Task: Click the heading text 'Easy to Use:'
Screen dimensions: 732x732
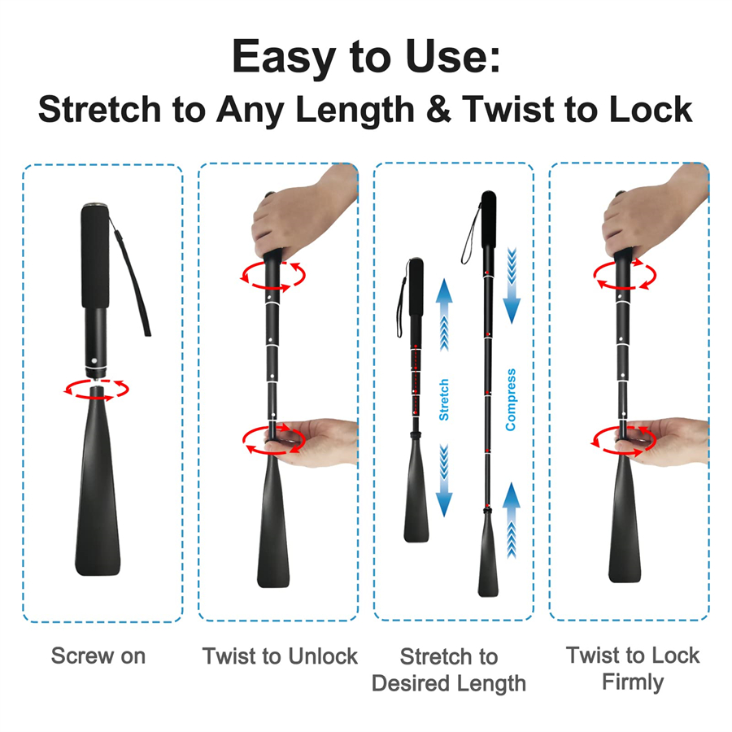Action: (x=365, y=57)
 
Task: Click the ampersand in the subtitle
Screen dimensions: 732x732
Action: (x=438, y=110)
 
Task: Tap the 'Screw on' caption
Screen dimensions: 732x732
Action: (x=98, y=656)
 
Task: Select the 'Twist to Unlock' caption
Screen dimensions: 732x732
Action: (x=280, y=656)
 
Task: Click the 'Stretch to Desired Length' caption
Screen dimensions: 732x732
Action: (x=448, y=669)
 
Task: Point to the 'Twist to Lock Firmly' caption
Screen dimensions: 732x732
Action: (x=633, y=668)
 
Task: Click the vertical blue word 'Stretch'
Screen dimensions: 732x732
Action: (x=444, y=399)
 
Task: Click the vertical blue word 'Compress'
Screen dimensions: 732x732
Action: (x=511, y=399)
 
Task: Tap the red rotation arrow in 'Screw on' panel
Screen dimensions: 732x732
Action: (x=98, y=389)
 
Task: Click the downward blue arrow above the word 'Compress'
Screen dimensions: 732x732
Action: (x=511, y=285)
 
